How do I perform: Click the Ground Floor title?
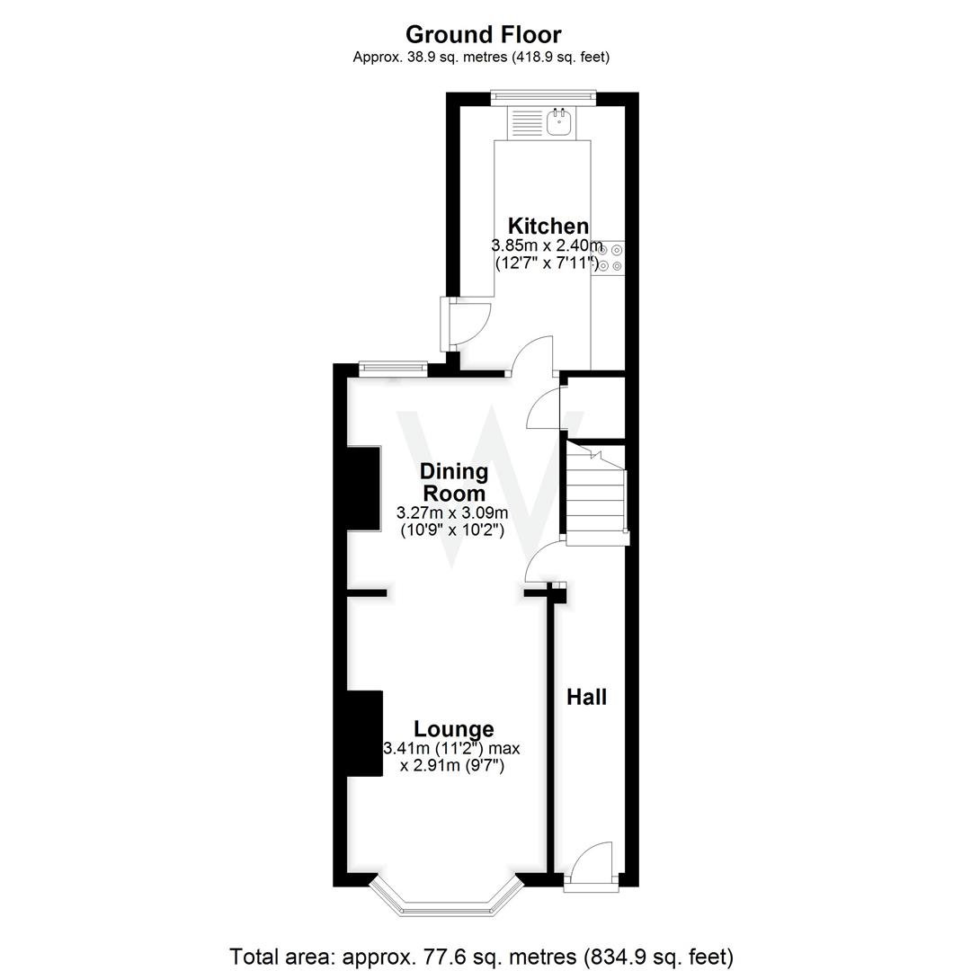pos(483,34)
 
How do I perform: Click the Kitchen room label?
pos(548,226)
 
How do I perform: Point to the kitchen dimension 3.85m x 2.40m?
pos(547,245)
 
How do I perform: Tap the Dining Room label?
pos(454,482)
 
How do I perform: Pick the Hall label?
pos(586,697)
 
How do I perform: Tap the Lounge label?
pos(453,729)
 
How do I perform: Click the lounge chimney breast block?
pos(365,732)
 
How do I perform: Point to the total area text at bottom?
pos(482,956)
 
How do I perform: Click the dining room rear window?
pos(392,367)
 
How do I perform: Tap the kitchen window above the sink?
pos(543,95)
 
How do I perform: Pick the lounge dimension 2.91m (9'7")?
pos(451,767)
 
